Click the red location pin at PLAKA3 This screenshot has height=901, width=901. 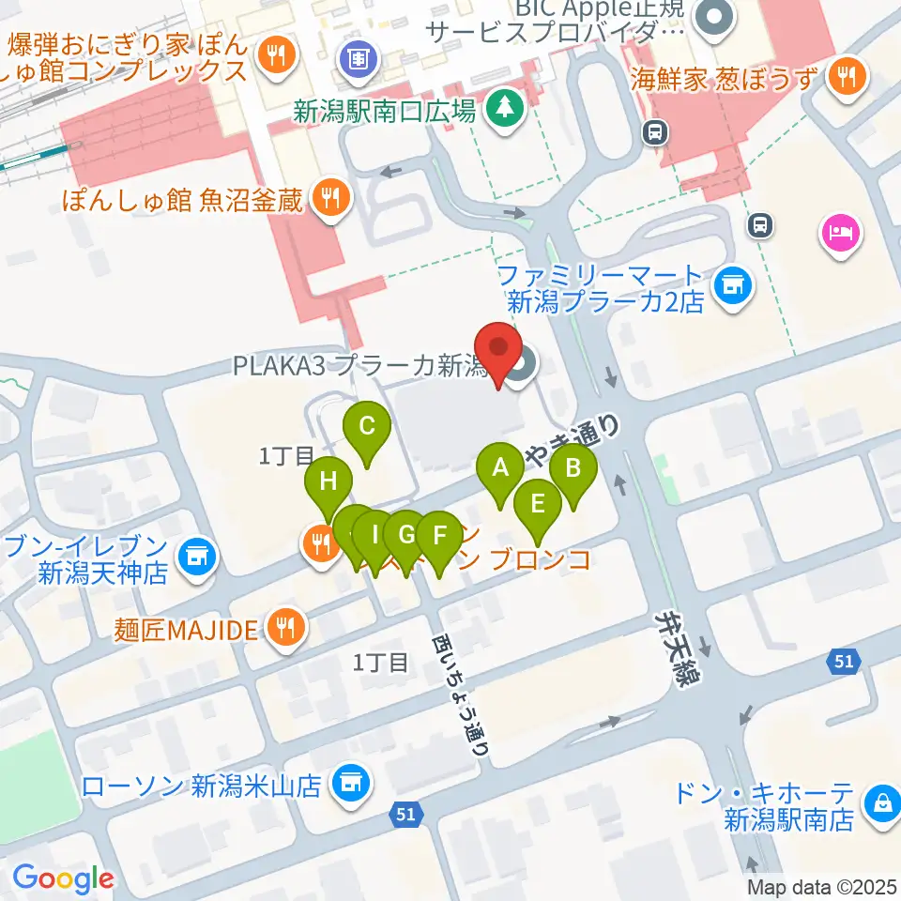point(499,352)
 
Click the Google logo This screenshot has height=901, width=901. point(64,878)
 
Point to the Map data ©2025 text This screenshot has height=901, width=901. point(821,886)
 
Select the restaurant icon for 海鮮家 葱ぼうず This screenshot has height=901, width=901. point(848,76)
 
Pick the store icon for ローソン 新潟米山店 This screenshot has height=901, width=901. point(352,782)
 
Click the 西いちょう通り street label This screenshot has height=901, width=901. point(459,695)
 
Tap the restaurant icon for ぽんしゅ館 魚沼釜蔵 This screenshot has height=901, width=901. point(329,199)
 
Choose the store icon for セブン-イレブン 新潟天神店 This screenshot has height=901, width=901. point(197,557)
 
